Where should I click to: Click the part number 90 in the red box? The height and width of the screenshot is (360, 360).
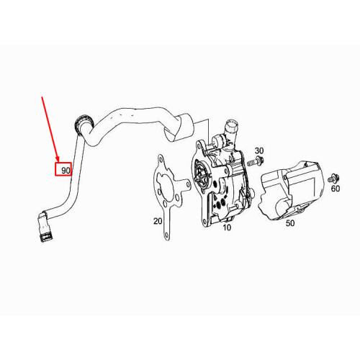[66, 171]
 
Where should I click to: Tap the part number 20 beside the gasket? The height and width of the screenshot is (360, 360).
[158, 221]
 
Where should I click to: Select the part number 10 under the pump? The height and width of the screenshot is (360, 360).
[226, 228]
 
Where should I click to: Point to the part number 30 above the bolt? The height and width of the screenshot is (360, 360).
[260, 150]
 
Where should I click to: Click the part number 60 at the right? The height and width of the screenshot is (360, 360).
[336, 189]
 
